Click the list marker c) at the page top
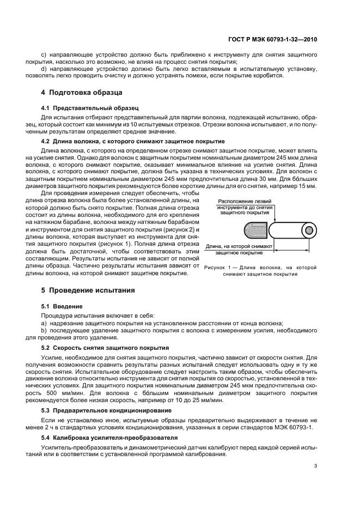click(44, 56)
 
